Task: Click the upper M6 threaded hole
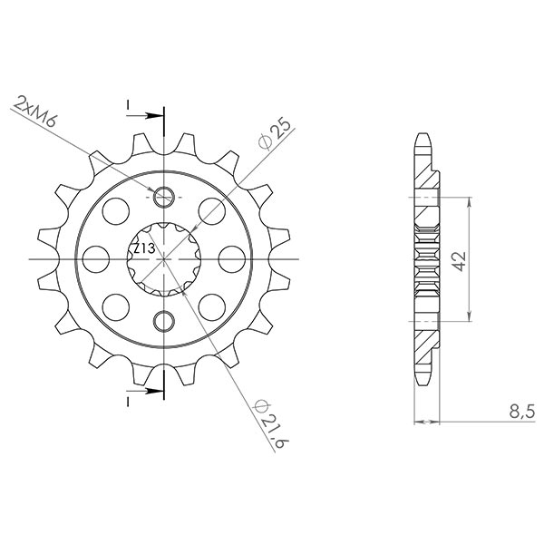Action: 164,197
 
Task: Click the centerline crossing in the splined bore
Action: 164,258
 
